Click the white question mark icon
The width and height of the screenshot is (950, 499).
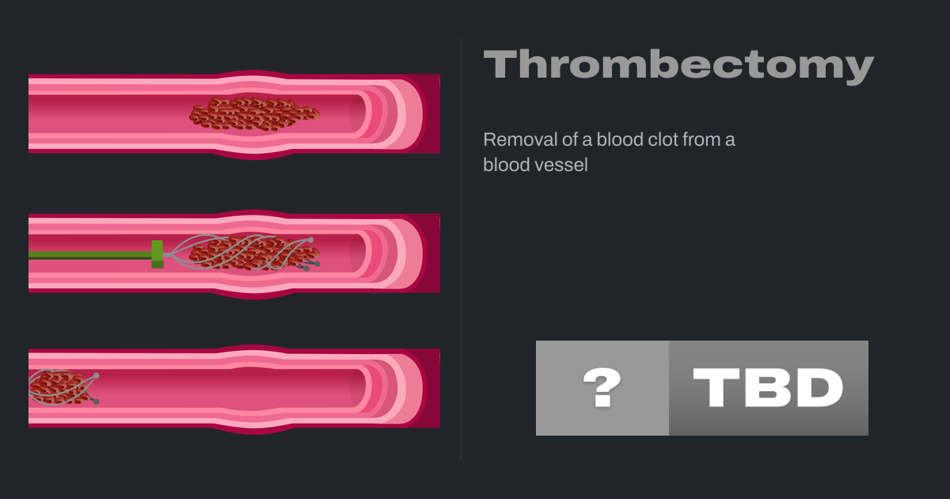(x=602, y=387)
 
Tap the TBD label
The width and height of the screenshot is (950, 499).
(x=768, y=387)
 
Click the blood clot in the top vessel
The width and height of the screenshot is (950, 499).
(x=254, y=113)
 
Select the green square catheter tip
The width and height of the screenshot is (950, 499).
(x=158, y=254)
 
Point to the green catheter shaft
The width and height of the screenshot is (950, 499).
(x=90, y=255)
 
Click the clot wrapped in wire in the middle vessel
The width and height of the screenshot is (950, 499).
(x=253, y=253)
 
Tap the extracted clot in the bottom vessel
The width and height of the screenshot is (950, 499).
(x=59, y=388)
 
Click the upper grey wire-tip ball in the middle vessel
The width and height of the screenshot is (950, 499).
(x=311, y=240)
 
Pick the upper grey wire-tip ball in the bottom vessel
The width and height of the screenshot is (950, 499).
(x=97, y=376)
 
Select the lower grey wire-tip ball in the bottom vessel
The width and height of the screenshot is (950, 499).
(x=97, y=402)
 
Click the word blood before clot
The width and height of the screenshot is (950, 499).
(x=621, y=139)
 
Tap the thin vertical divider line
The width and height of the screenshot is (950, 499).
(x=461, y=249)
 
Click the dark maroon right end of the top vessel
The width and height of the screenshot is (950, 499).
(x=431, y=113)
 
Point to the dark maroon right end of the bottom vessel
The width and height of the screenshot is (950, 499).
(x=431, y=388)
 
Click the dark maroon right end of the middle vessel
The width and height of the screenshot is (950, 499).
(x=431, y=253)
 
